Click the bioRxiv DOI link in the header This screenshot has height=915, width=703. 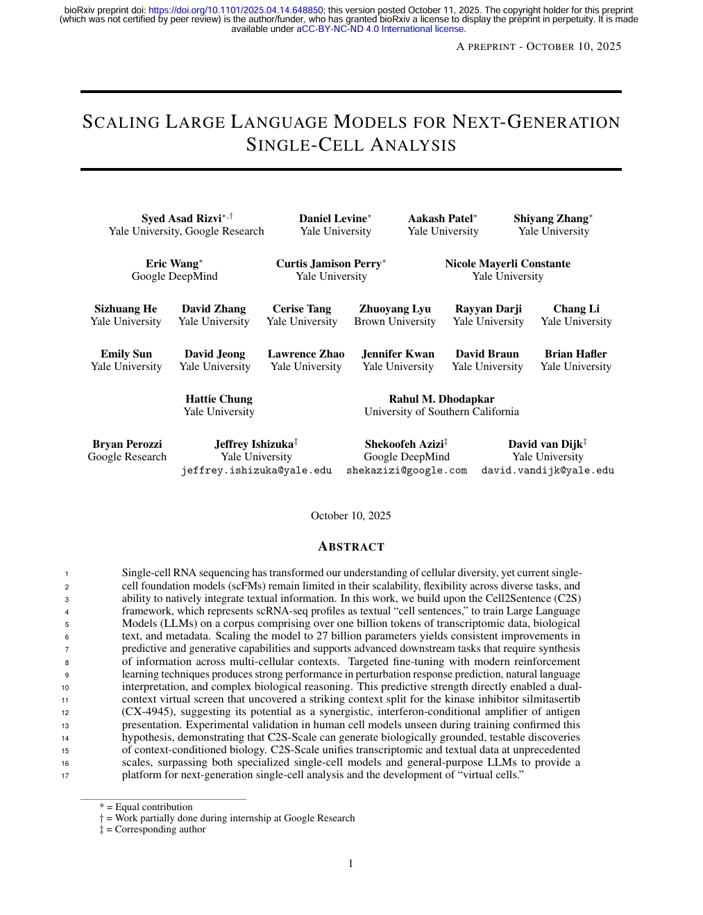[x=236, y=10]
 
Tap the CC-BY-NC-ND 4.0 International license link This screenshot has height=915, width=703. [x=384, y=29]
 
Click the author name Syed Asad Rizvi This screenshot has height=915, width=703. [x=181, y=219]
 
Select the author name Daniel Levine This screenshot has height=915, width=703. [x=332, y=219]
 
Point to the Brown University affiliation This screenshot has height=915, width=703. [x=395, y=321]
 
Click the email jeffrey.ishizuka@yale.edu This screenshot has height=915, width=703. [x=256, y=471]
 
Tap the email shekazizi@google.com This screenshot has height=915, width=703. [x=407, y=471]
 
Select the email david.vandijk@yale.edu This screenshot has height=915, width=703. [x=548, y=471]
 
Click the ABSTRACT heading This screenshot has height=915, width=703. [x=351, y=547]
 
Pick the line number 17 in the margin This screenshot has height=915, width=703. [x=65, y=775]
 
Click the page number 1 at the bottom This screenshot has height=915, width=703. [x=350, y=864]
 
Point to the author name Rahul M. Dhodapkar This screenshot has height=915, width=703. [x=441, y=399]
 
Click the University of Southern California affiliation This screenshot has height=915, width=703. [x=441, y=412]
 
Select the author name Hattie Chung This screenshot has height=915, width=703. [x=219, y=399]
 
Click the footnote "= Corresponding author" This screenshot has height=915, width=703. [x=156, y=830]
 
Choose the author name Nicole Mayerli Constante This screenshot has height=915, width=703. [x=507, y=264]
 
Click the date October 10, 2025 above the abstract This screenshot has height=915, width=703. [x=350, y=516]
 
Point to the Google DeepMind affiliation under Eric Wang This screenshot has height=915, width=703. [x=174, y=276]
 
